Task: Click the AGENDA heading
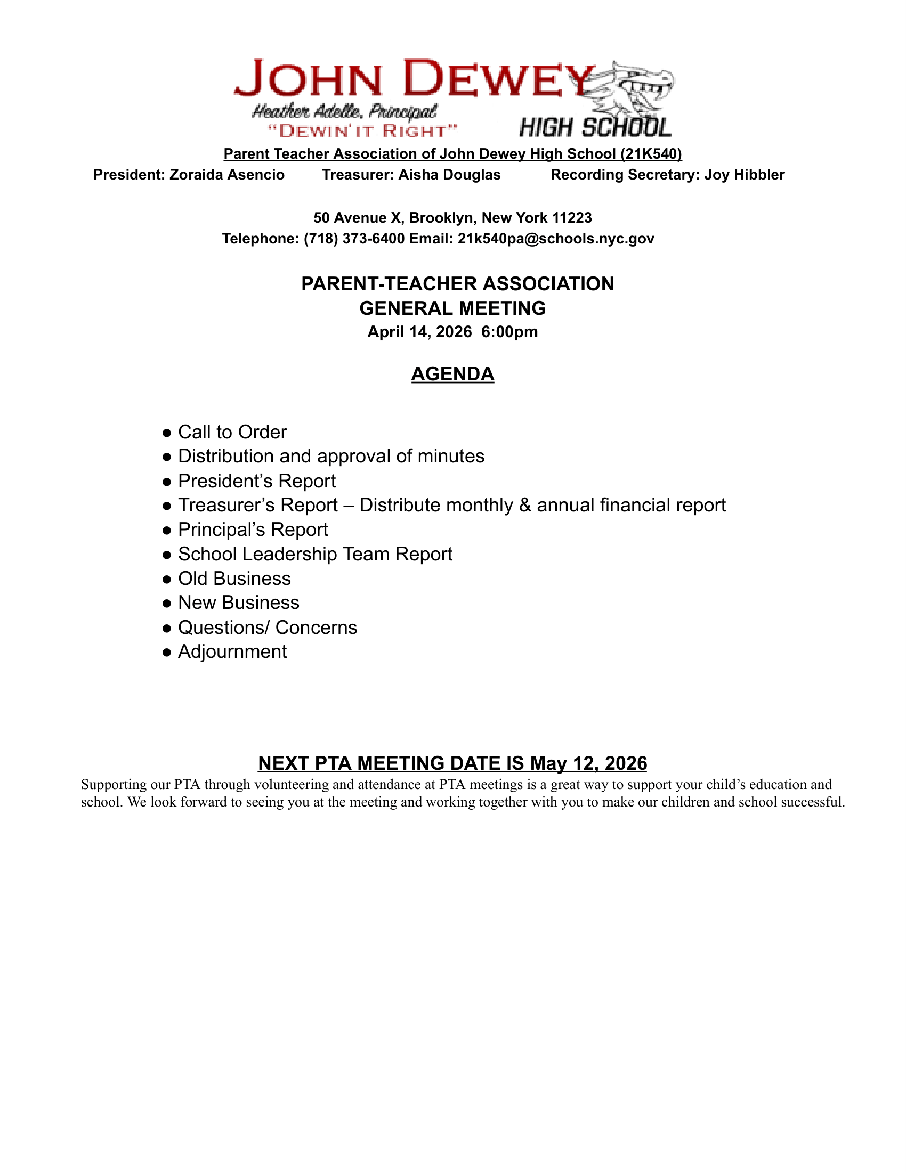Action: point(452,374)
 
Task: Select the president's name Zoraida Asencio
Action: point(227,175)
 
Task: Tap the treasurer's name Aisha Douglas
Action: point(449,175)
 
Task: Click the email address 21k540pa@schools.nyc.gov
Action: point(556,239)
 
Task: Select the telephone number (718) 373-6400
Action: point(354,239)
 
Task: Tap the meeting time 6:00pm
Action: point(509,332)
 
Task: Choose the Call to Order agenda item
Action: point(232,432)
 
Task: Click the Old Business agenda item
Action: point(234,579)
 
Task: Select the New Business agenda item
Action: point(239,603)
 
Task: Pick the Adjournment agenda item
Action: point(232,652)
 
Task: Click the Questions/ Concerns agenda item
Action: point(268,628)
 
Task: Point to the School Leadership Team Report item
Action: point(315,554)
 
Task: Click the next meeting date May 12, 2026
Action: point(589,763)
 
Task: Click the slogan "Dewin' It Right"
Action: point(363,131)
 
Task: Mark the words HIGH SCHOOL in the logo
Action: point(595,128)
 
